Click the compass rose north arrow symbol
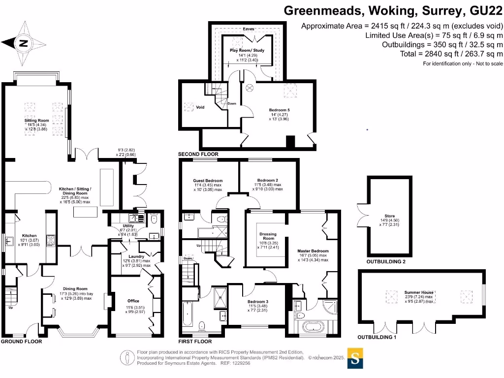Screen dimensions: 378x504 click(23, 43)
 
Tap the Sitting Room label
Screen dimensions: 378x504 click(37, 120)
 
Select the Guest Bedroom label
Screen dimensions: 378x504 click(207, 181)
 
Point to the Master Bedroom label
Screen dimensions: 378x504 click(313, 251)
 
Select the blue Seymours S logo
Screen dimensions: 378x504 click(355, 358)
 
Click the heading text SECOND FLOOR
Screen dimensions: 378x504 click(198, 154)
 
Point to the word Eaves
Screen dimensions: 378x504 click(249, 29)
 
